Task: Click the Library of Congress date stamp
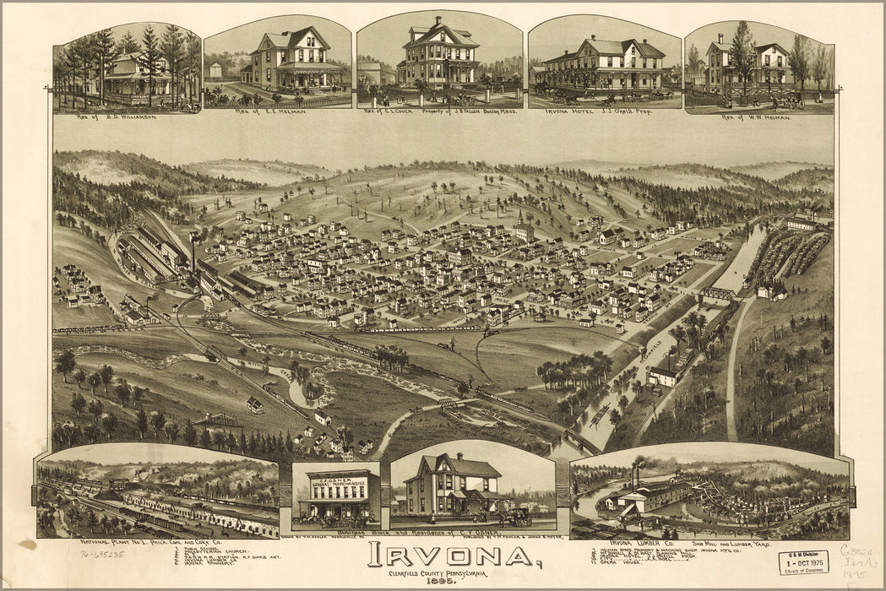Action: coord(802,562)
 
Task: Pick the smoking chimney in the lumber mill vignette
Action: coord(633,477)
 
